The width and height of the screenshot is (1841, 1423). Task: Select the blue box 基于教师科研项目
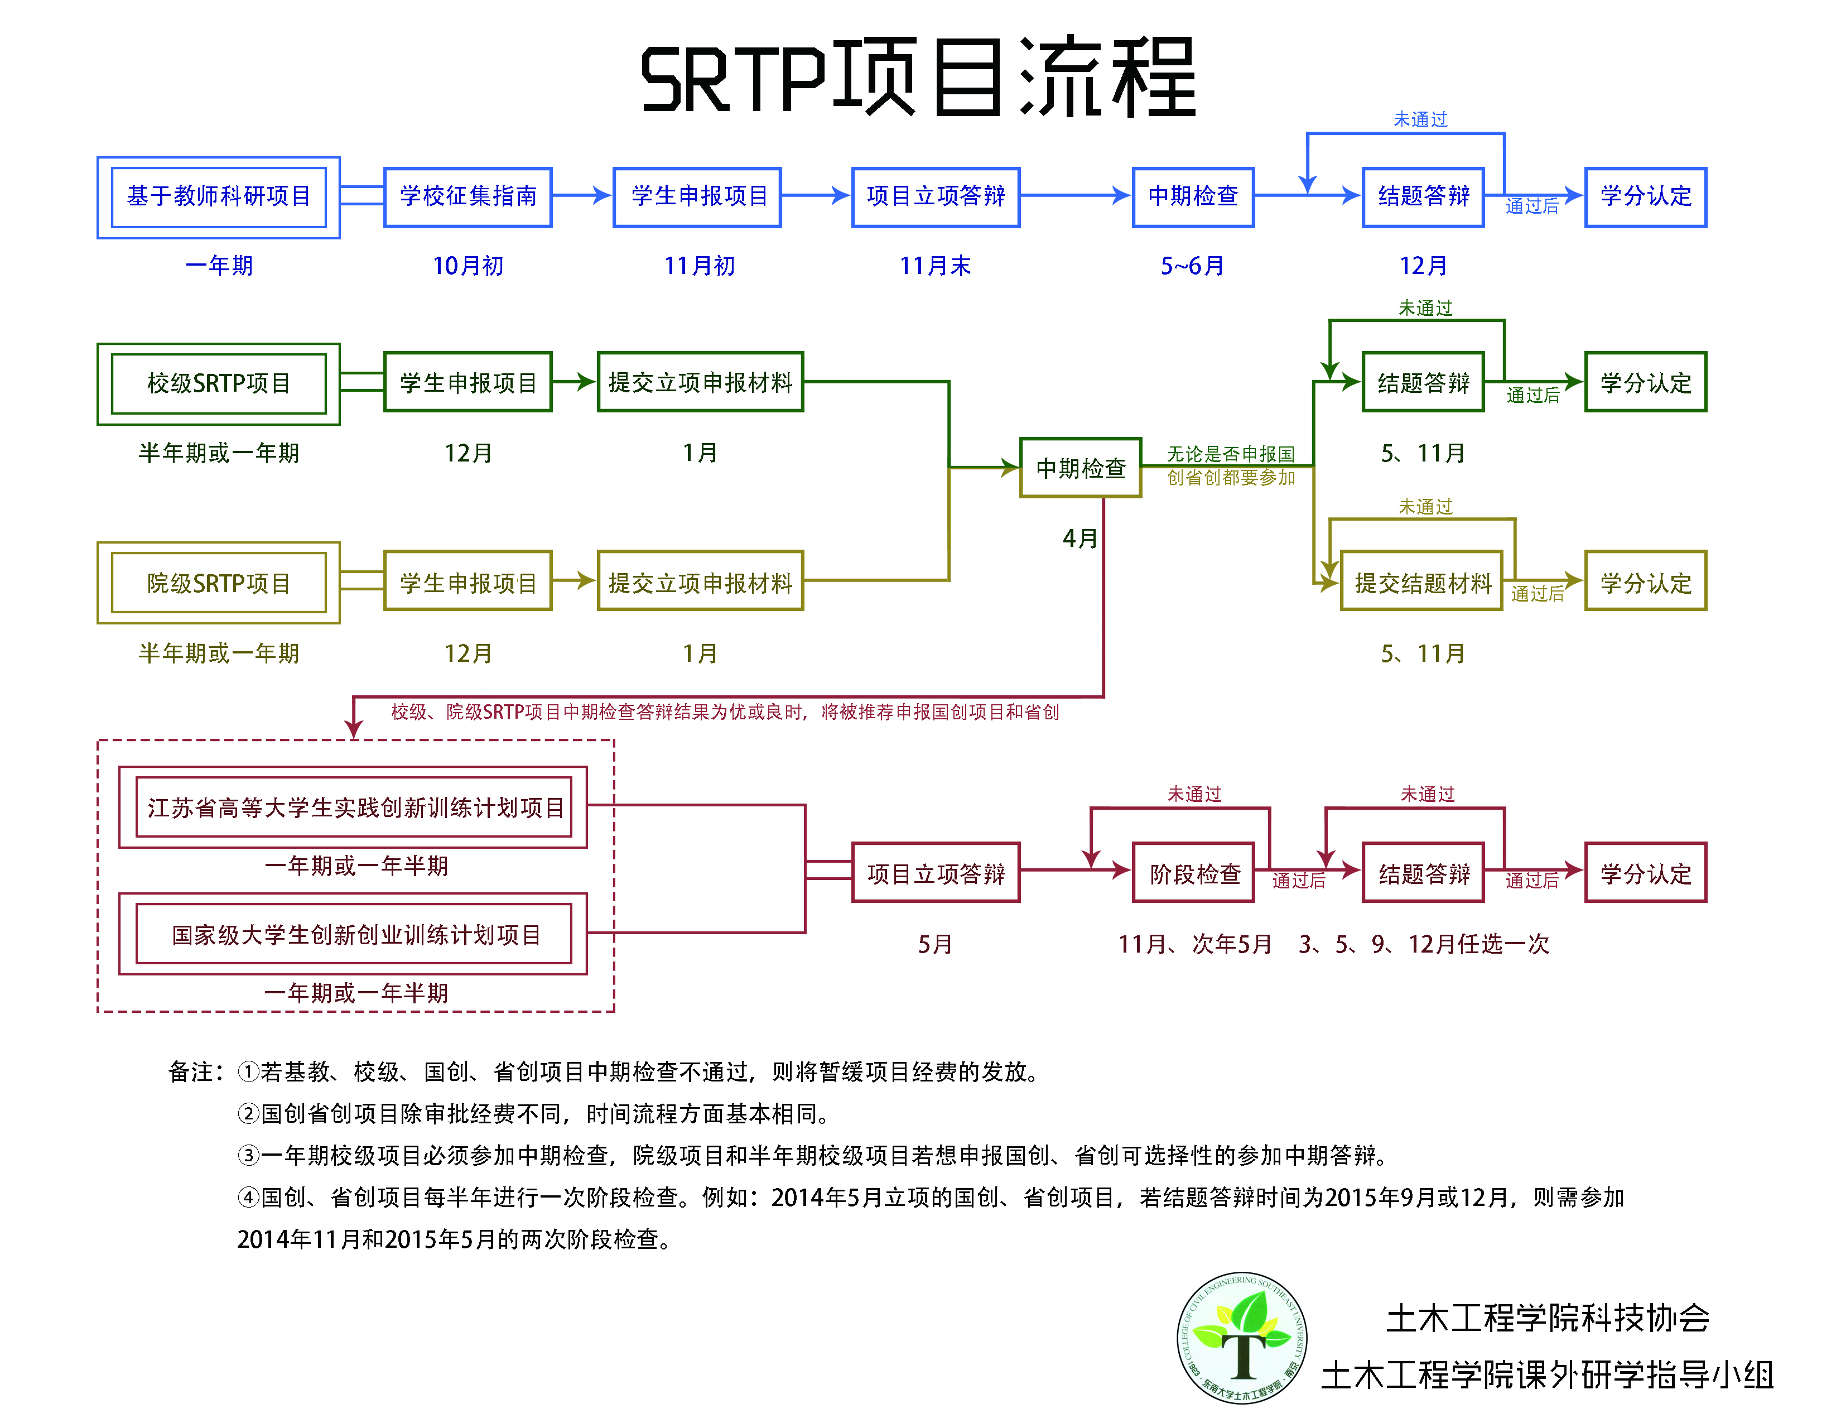tap(218, 196)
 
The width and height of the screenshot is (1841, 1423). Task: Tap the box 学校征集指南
tap(468, 196)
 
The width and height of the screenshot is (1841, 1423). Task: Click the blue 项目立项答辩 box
tap(936, 196)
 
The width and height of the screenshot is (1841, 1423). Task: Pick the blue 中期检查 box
tap(1193, 196)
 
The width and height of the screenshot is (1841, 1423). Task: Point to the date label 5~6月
tap(1192, 266)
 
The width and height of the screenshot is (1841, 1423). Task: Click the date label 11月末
tap(935, 266)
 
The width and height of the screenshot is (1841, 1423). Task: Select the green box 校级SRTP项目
tap(218, 383)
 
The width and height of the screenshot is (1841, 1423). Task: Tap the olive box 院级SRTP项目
tap(218, 583)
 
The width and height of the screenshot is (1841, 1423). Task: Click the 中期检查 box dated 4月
tap(1081, 468)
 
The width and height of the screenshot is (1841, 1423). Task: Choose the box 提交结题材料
tap(1422, 583)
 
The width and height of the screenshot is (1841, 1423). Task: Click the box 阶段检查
tap(1194, 873)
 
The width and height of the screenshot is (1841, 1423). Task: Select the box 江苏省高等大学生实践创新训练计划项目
tap(354, 807)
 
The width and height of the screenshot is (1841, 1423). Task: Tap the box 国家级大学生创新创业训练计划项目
tap(354, 934)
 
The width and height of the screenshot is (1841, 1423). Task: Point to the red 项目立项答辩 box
tap(936, 873)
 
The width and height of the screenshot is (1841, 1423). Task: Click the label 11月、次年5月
tap(1194, 944)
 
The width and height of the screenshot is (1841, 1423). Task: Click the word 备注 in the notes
tap(190, 1071)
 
